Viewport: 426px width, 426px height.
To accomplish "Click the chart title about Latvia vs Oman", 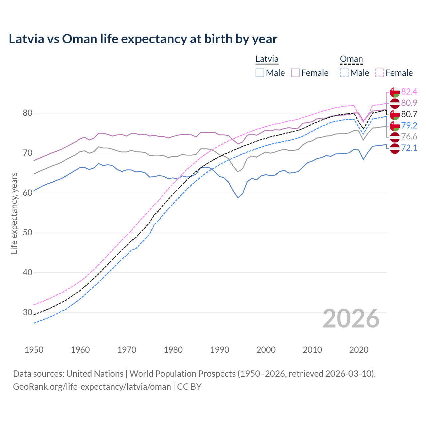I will pos(143,39).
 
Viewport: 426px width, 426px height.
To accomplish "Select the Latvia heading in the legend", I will pos(267,59).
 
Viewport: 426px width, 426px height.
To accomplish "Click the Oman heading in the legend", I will pos(351,59).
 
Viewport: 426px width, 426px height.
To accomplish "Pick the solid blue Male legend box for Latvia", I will pos(260,73).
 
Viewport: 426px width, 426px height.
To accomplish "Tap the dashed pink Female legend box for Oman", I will pos(380,73).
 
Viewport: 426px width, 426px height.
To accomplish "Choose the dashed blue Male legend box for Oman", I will pos(344,73).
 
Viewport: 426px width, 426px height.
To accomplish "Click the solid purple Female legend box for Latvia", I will pos(295,73).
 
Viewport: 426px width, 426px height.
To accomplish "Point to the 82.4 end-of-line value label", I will pos(409,92).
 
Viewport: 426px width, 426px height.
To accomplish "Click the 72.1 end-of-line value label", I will pos(409,148).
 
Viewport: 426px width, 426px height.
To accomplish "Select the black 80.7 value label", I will pos(409,114).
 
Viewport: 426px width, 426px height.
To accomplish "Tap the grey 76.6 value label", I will pos(409,136).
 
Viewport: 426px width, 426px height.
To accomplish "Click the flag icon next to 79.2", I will pos(395,125).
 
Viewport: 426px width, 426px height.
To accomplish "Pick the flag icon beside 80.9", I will pos(395,103).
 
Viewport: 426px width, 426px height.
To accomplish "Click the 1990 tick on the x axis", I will pos(220,350).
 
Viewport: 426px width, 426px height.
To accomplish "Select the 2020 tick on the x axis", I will pos(359,350).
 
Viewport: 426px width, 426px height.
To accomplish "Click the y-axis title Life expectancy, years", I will pos(14,213).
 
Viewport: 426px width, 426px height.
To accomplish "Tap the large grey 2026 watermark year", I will pos(351,319).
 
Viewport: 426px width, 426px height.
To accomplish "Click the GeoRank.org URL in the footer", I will pos(92,386).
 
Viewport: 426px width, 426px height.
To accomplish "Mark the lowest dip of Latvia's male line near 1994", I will pos(238,198).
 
